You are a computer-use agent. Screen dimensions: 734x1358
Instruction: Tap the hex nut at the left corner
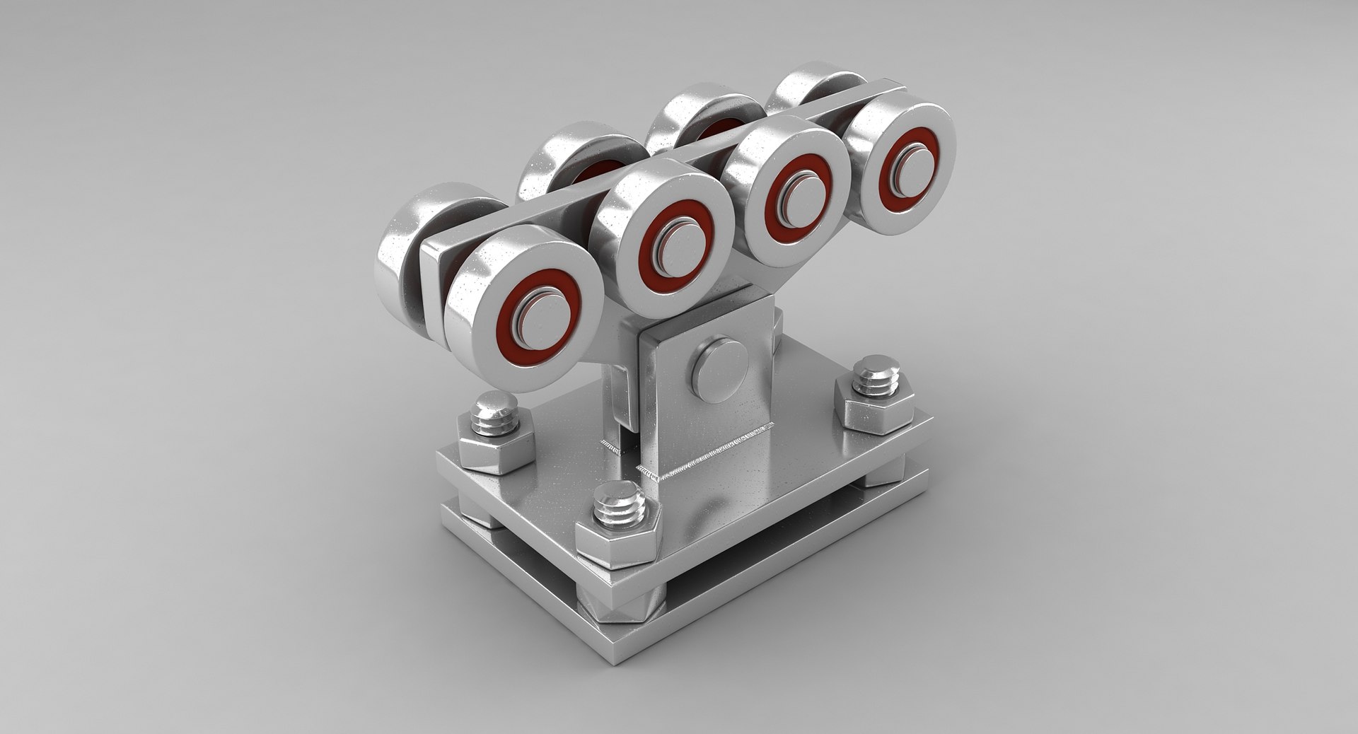coord(494,444)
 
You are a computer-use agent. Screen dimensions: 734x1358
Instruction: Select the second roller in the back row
coord(559,159)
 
